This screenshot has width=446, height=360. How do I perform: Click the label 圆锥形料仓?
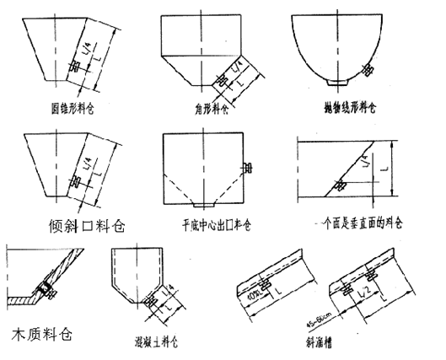point(73,108)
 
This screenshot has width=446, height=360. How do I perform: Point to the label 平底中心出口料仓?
point(212,226)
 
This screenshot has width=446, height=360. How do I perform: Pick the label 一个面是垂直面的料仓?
point(358,225)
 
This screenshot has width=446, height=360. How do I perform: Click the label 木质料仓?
point(40,332)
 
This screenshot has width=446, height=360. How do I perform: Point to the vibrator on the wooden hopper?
point(43,291)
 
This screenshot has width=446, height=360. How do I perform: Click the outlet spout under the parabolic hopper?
point(341,82)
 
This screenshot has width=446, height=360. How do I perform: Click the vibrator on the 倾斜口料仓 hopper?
point(76,181)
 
